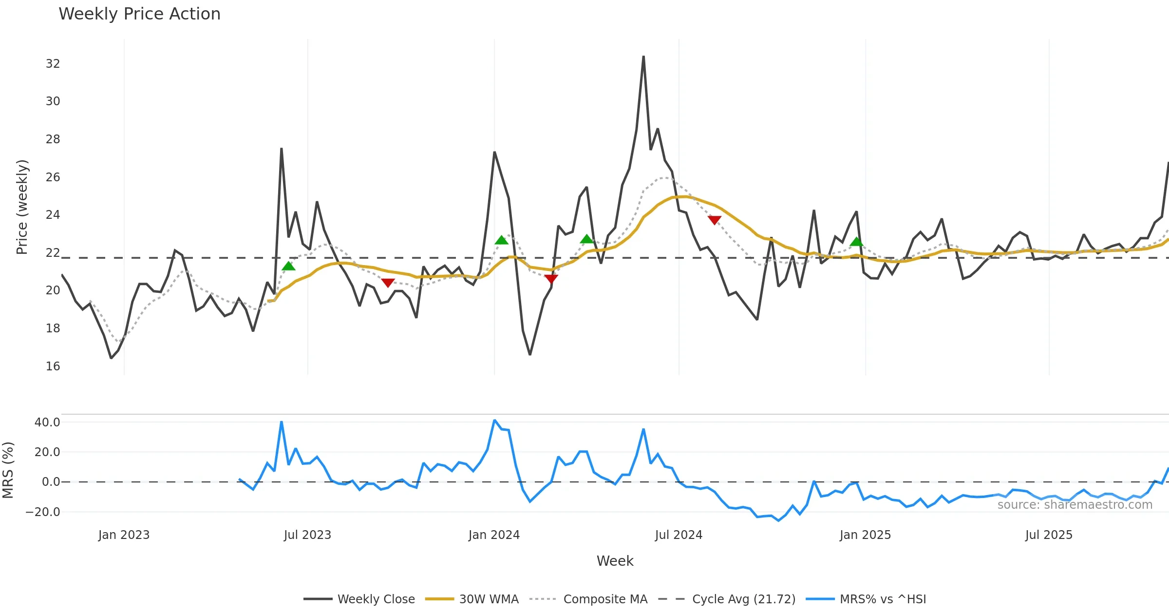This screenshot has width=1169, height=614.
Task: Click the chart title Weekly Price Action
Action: [139, 14]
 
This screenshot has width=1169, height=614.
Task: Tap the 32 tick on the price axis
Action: [53, 64]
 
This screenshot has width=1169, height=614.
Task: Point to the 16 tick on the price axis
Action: [53, 366]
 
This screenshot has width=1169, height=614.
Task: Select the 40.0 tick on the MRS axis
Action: [47, 422]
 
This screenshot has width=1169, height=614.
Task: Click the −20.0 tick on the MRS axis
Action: [43, 512]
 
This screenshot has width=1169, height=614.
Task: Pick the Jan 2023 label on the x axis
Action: [124, 535]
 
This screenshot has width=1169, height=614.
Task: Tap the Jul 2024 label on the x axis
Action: [679, 535]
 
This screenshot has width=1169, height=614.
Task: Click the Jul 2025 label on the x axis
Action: [1049, 535]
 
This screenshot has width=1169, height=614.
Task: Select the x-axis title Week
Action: [615, 561]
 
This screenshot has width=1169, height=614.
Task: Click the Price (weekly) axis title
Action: [22, 207]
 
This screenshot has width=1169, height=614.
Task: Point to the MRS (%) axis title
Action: [8, 470]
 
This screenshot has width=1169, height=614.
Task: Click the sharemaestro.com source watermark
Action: [1075, 505]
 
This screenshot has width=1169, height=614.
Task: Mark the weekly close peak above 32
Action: [643, 57]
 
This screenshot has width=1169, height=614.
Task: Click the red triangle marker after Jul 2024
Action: [714, 220]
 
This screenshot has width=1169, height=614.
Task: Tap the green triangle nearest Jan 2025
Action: [856, 242]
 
